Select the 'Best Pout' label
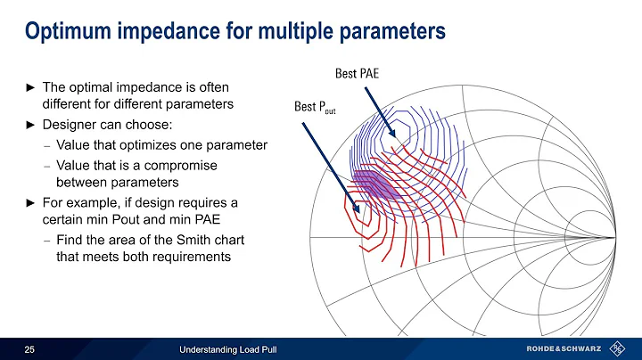[x=315, y=109]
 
